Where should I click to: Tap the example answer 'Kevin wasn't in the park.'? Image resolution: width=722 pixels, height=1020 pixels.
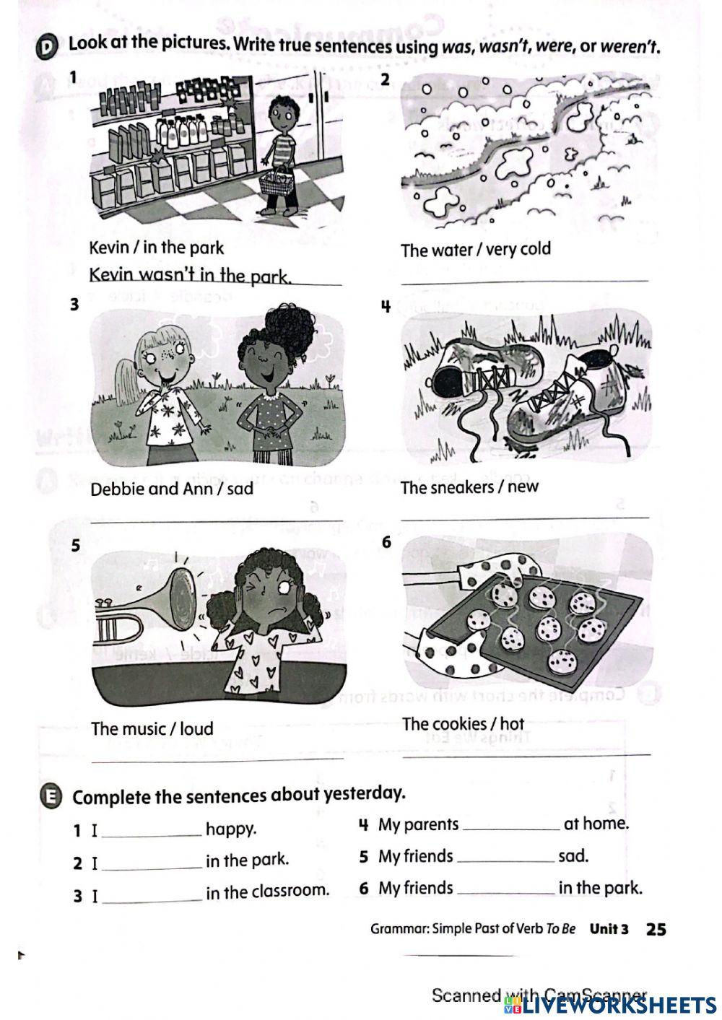click(190, 276)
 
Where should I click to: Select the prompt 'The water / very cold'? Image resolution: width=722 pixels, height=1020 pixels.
click(475, 250)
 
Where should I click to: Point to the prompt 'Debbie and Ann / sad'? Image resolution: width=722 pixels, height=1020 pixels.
click(172, 489)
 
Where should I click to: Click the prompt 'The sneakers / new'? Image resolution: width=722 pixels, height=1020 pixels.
click(469, 487)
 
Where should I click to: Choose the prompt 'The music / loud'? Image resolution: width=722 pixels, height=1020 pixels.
click(152, 728)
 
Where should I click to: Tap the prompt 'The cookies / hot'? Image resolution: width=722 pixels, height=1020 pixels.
click(463, 724)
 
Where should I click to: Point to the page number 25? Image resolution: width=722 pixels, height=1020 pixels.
click(656, 929)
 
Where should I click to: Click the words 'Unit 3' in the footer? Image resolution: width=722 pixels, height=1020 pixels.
click(609, 929)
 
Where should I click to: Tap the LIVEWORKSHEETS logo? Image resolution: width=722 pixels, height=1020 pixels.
click(614, 1004)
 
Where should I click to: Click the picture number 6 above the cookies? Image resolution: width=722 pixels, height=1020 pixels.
click(386, 542)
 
